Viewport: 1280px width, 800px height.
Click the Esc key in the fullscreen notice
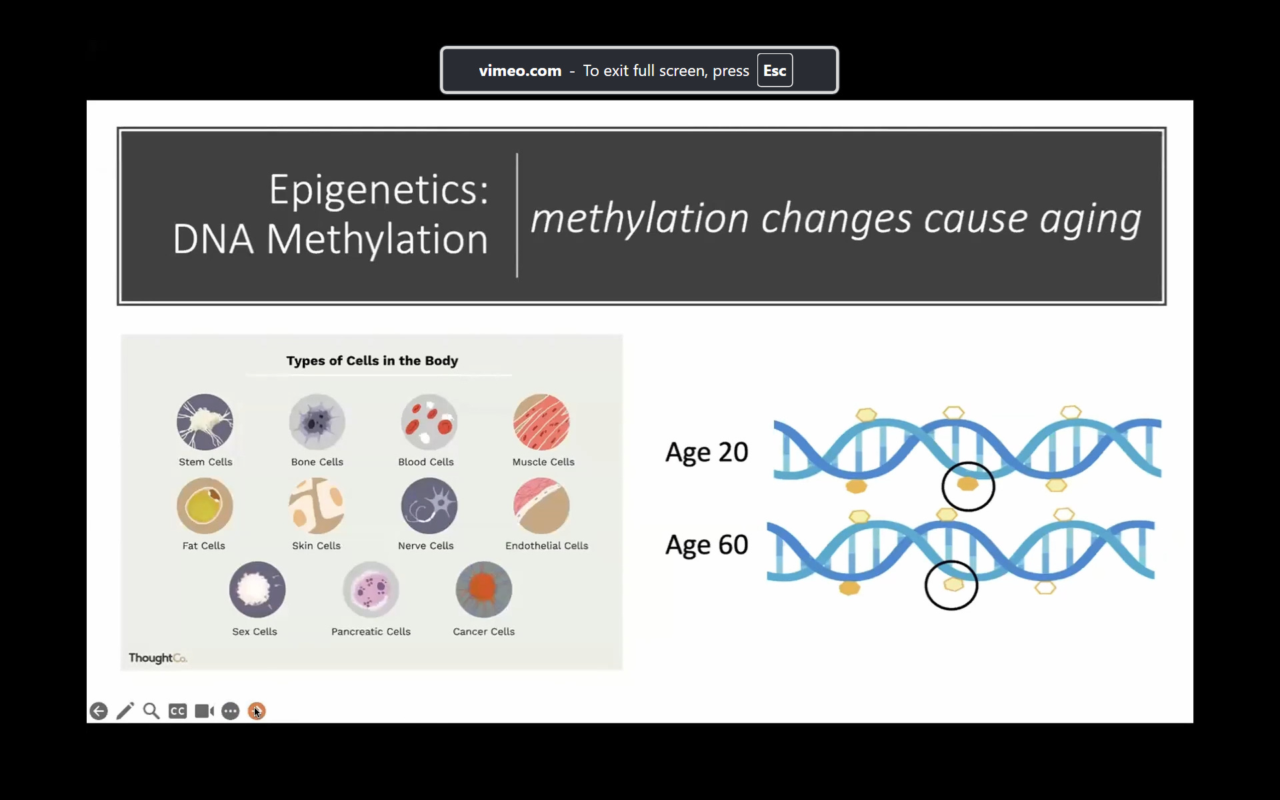click(x=775, y=71)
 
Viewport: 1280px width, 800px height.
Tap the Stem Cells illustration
click(x=205, y=422)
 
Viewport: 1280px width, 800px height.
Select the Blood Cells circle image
click(x=429, y=422)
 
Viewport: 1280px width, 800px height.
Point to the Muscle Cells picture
click(x=541, y=422)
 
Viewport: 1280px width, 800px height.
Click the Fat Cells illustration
click(x=205, y=506)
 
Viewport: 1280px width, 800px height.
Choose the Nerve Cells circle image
click(x=429, y=506)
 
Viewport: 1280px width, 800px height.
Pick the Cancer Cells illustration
click(x=484, y=590)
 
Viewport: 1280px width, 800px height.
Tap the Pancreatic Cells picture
click(x=371, y=590)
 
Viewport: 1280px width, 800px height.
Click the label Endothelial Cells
click(x=547, y=545)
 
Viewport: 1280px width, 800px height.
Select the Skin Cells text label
click(x=316, y=545)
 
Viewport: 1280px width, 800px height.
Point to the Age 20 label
click(x=707, y=453)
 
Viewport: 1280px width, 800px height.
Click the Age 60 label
click(x=707, y=545)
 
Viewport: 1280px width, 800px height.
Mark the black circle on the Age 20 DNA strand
click(x=968, y=462)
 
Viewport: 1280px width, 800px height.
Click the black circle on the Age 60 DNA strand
click(x=951, y=561)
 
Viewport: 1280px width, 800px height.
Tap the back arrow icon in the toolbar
click(x=99, y=711)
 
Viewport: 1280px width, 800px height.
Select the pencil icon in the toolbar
click(x=125, y=711)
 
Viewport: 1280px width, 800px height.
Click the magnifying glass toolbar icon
click(x=151, y=711)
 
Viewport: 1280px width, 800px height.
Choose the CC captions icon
click(x=177, y=711)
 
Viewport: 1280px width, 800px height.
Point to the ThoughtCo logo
click(x=158, y=658)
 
